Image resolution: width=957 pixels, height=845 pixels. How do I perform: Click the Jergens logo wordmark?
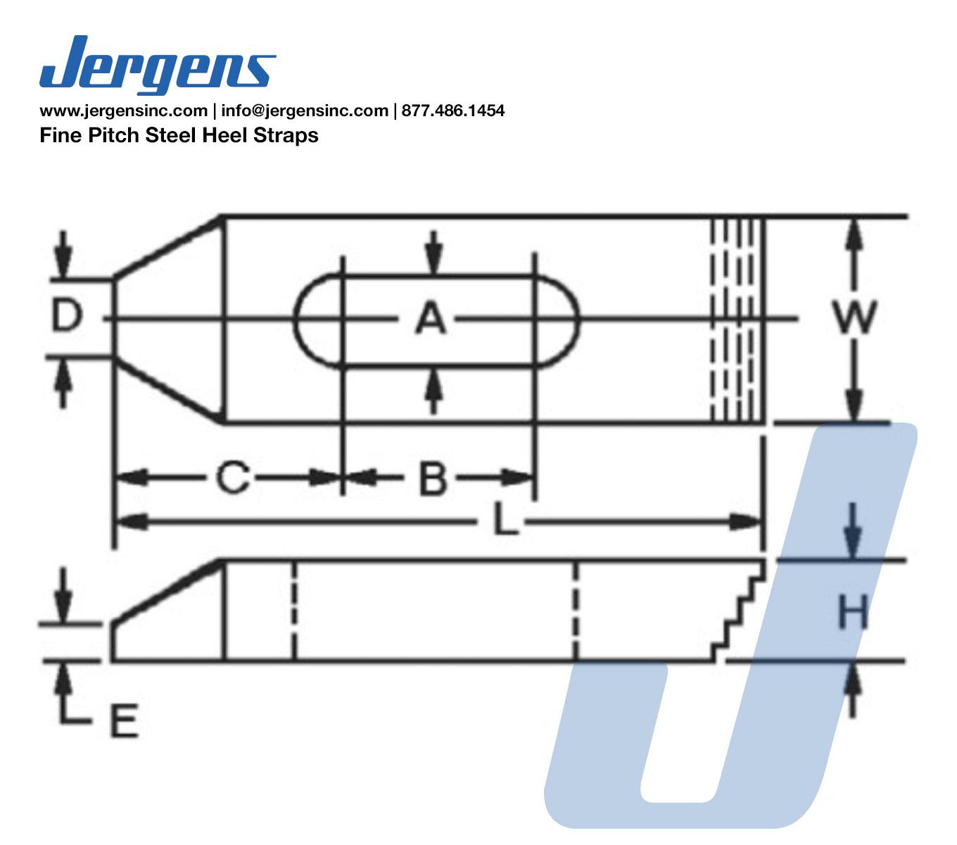pyautogui.click(x=157, y=65)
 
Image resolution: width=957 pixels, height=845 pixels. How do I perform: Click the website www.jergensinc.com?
pyautogui.click(x=122, y=111)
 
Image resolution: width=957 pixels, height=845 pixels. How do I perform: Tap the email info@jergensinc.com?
pyautogui.click(x=304, y=111)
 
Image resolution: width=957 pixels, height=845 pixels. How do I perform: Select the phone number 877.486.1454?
pyautogui.click(x=453, y=111)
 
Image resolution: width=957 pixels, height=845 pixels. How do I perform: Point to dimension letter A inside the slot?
pyautogui.click(x=431, y=318)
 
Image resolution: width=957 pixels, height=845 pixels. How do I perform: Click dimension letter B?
pyautogui.click(x=433, y=478)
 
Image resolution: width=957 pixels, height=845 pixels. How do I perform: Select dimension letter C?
pyautogui.click(x=233, y=478)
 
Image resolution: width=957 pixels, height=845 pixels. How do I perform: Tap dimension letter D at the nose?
pyautogui.click(x=68, y=316)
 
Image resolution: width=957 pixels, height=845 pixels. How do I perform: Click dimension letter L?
pyautogui.click(x=504, y=522)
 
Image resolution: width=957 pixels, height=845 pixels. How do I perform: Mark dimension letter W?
pyautogui.click(x=854, y=318)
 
